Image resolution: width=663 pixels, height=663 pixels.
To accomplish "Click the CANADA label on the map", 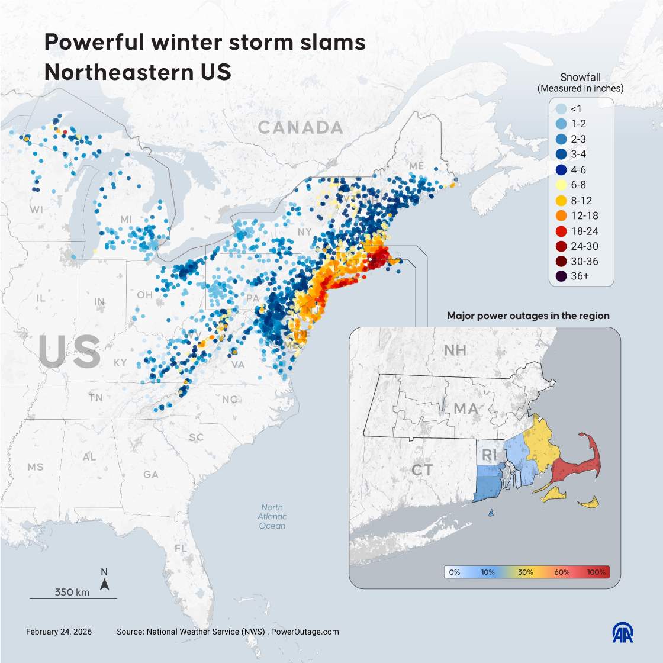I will pyautogui.click(x=300, y=127).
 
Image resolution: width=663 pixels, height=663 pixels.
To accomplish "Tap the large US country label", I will pyautogui.click(x=69, y=352).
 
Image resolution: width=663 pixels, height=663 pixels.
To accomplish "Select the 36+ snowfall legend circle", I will pyautogui.click(x=560, y=276).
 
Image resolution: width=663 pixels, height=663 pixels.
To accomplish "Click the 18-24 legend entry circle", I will pyautogui.click(x=560, y=231).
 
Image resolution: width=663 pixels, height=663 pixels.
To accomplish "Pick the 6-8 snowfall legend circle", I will pyautogui.click(x=560, y=185).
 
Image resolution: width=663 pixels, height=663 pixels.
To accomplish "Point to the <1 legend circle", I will pyautogui.click(x=560, y=109).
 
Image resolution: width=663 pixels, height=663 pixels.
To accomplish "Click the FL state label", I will pyautogui.click(x=181, y=548).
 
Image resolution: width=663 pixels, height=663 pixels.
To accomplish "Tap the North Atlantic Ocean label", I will pyautogui.click(x=272, y=517).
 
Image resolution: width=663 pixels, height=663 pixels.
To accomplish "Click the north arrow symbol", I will pyautogui.click(x=104, y=584).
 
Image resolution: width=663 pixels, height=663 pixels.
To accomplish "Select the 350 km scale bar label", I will pyautogui.click(x=72, y=592).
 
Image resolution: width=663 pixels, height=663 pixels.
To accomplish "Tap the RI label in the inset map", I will pyautogui.click(x=488, y=455).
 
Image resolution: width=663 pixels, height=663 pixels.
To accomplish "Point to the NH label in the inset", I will pyautogui.click(x=455, y=350).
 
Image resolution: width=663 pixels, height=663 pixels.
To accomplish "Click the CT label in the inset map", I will pyautogui.click(x=422, y=470).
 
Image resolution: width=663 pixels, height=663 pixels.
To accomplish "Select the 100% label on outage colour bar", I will pyautogui.click(x=596, y=572).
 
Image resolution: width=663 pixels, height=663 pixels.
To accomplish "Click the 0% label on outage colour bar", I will pyautogui.click(x=455, y=572).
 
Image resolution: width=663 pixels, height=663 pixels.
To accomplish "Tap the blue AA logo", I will pyautogui.click(x=623, y=632).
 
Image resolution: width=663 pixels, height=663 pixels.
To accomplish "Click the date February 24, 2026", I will pyautogui.click(x=59, y=632).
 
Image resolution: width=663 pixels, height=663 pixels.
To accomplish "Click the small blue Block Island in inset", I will pyautogui.click(x=491, y=513).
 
